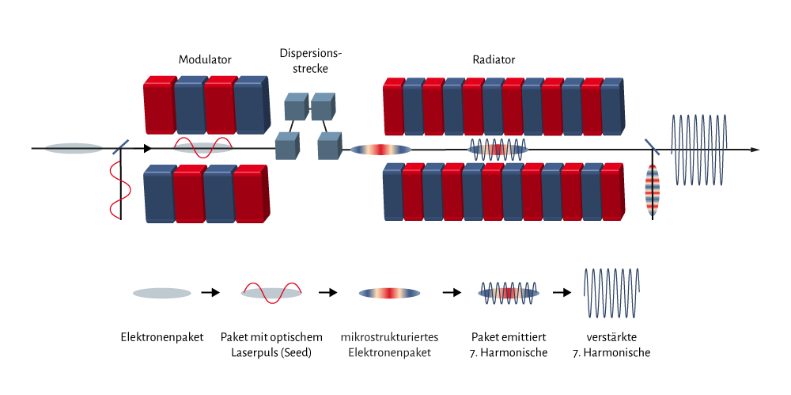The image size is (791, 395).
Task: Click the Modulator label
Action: coord(205,59)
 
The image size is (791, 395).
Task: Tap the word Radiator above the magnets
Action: coord(494,59)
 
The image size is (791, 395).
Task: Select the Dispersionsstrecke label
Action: coord(304,61)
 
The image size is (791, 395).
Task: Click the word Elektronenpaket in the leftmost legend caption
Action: coord(162,337)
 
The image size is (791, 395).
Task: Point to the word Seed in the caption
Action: coord(295,353)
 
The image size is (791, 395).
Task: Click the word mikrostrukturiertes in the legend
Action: coord(389,337)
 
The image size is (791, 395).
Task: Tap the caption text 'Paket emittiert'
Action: coord(509,337)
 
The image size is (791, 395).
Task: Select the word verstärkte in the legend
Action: coord(611,337)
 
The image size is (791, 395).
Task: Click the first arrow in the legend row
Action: coord(211,292)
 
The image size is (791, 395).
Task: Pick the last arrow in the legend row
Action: coord(562,292)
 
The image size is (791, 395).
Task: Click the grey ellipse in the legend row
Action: coord(162,293)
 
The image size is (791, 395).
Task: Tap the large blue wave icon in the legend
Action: coord(611,293)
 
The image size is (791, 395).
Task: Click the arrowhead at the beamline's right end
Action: coord(755,150)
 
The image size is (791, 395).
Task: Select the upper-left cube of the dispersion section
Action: coord(296,106)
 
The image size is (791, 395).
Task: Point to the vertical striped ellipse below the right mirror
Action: coord(653,190)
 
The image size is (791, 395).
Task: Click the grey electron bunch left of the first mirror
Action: coord(74,149)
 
